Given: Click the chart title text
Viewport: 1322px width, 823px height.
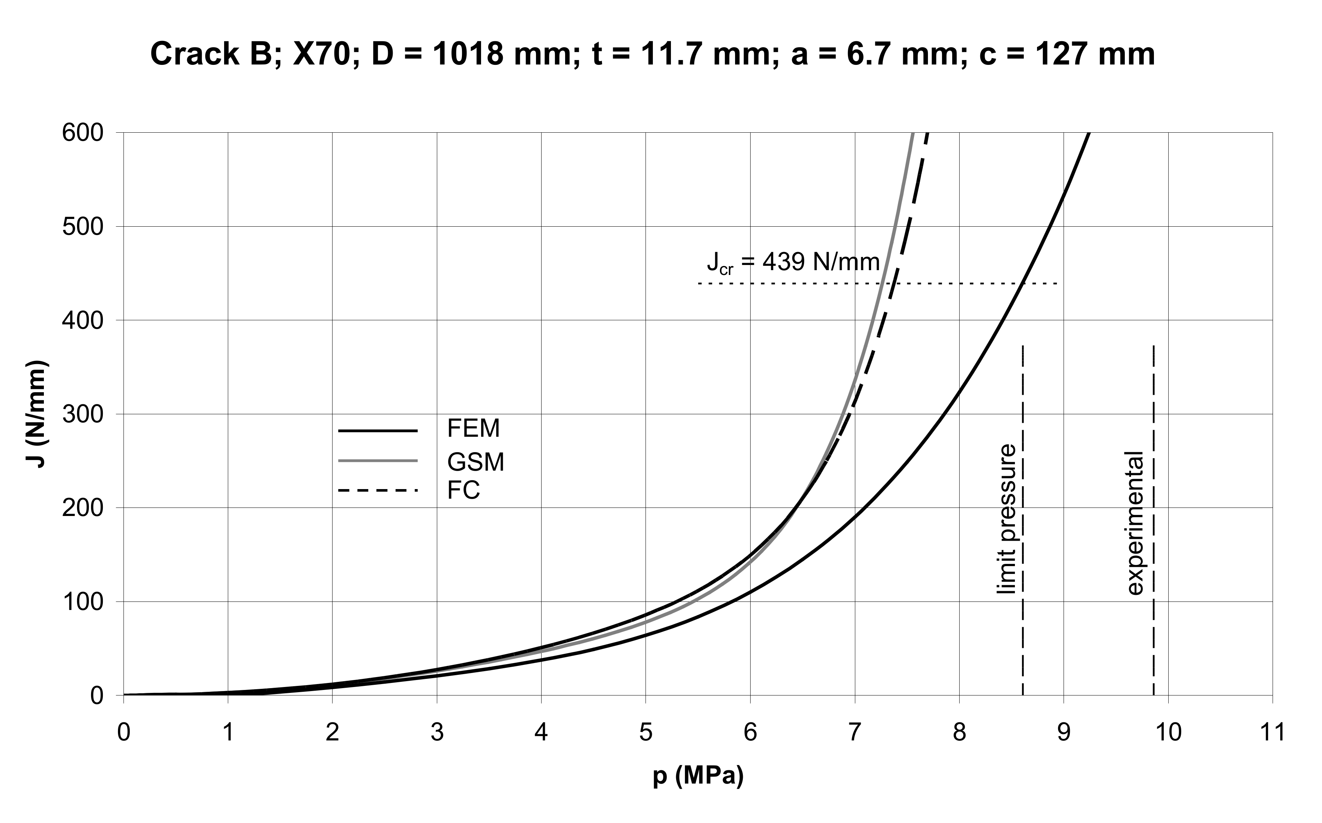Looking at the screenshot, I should coord(652,55).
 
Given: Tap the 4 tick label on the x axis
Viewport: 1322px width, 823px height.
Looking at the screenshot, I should coord(541,733).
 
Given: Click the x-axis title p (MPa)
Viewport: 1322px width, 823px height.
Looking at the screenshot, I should coord(697,776).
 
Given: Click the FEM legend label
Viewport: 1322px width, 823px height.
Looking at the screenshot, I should coord(473,429).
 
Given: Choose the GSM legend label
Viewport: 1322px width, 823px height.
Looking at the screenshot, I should coord(475,462).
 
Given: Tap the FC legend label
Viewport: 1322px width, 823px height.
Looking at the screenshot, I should coord(463,491).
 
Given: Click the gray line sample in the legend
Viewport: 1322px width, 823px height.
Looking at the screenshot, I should coord(378,461).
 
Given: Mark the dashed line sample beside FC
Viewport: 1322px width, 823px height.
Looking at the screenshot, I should coord(378,491).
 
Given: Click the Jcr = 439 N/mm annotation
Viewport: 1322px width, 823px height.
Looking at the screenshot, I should coord(793,263).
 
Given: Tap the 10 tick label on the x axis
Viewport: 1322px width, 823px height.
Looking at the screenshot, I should coord(1168,733).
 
